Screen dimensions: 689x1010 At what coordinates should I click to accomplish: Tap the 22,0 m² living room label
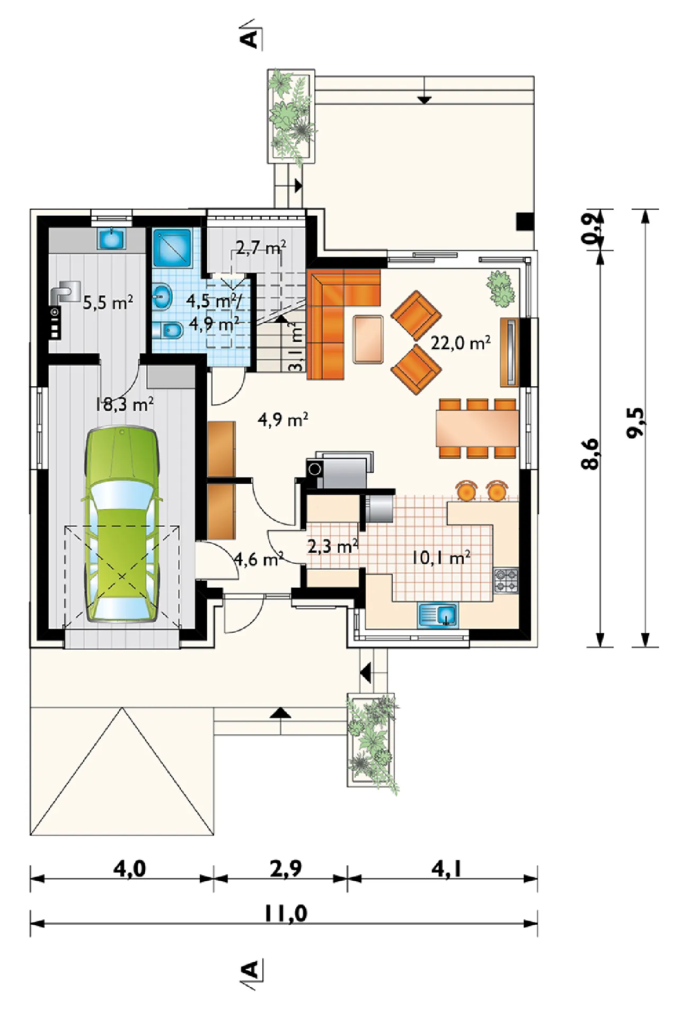point(460,343)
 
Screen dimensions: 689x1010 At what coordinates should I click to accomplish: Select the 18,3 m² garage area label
point(125,404)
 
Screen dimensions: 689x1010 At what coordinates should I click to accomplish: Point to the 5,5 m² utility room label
point(108,303)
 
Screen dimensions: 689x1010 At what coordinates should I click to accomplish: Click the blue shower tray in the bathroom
point(172,247)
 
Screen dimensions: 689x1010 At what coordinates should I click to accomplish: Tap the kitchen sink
point(438,615)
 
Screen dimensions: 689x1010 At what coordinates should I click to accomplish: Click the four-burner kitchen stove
point(506,580)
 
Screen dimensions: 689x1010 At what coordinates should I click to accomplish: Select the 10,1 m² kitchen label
point(441,557)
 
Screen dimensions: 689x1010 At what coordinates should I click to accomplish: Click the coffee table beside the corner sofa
point(368,339)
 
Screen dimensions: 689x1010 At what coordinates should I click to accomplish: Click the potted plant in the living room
point(501,288)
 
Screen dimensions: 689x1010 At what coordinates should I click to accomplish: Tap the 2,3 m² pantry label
point(333,546)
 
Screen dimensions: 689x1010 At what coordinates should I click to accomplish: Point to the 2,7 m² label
point(261,247)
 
